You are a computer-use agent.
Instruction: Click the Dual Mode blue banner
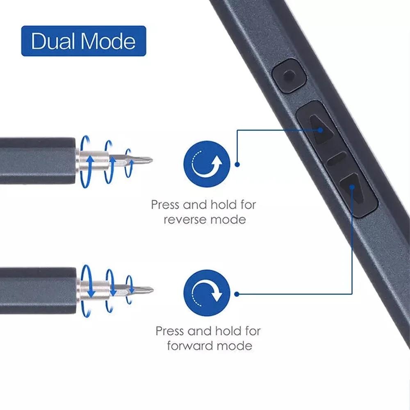pyautogui.click(x=83, y=41)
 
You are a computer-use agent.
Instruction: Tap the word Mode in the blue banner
pyautogui.click(x=108, y=41)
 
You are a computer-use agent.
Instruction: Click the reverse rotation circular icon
pyautogui.click(x=207, y=164)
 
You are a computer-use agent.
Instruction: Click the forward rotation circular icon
pyautogui.click(x=207, y=293)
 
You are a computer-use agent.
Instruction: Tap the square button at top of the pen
pyautogui.click(x=289, y=76)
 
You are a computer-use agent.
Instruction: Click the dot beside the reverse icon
pyautogui.click(x=237, y=164)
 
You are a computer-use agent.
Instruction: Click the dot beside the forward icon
pyautogui.click(x=237, y=294)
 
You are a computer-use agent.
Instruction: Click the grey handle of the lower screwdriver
pyautogui.click(x=38, y=291)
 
